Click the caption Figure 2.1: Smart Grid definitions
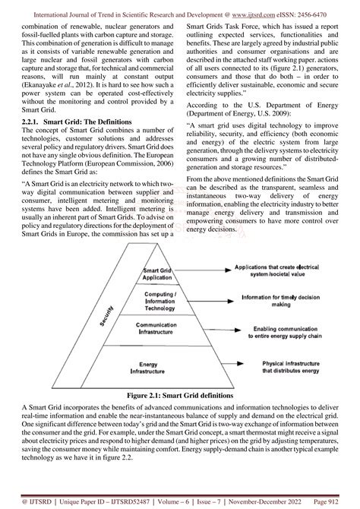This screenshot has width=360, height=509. (180, 395)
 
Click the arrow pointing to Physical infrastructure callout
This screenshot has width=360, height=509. (212, 367)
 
